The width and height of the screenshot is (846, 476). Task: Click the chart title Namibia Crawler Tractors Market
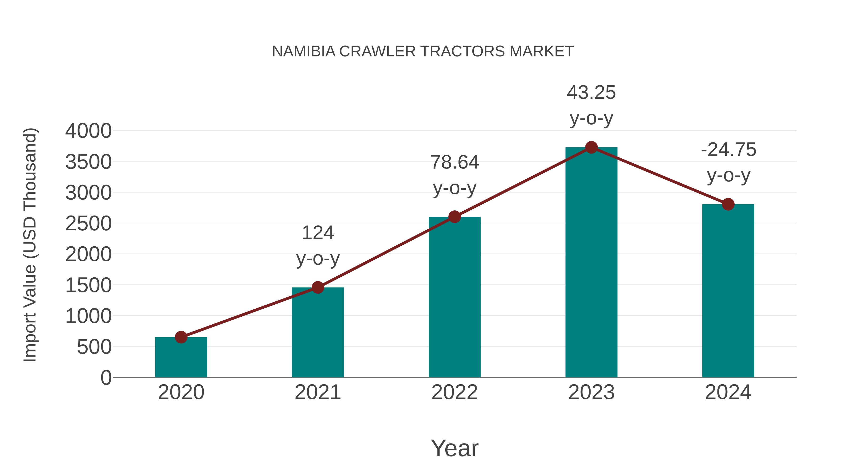(x=423, y=51)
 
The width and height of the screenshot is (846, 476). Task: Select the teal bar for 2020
(x=181, y=358)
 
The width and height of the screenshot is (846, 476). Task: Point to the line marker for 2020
(x=181, y=337)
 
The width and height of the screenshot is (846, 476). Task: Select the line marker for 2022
(x=454, y=217)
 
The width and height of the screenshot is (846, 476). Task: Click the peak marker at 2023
(x=591, y=147)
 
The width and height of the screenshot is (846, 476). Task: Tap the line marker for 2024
(x=728, y=204)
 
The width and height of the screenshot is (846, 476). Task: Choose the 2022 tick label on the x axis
(x=454, y=392)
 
